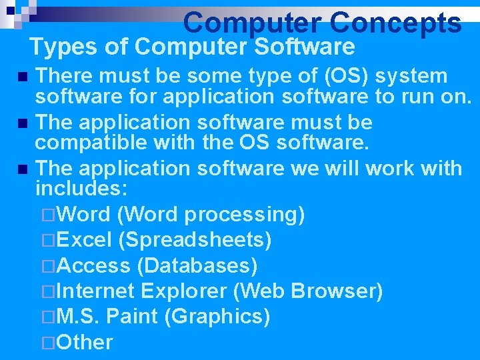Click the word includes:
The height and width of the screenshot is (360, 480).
click(81, 189)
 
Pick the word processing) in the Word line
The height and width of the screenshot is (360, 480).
click(245, 215)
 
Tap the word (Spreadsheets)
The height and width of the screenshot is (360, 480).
click(198, 240)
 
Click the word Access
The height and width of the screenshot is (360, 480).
click(94, 265)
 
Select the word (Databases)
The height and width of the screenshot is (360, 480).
click(197, 265)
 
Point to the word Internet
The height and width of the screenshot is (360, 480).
click(97, 291)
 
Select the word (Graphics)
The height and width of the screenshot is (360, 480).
click(217, 316)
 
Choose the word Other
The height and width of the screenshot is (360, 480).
click(85, 342)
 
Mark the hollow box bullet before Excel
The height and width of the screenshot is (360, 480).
click(46, 240)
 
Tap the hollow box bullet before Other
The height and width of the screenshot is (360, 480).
click(46, 342)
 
